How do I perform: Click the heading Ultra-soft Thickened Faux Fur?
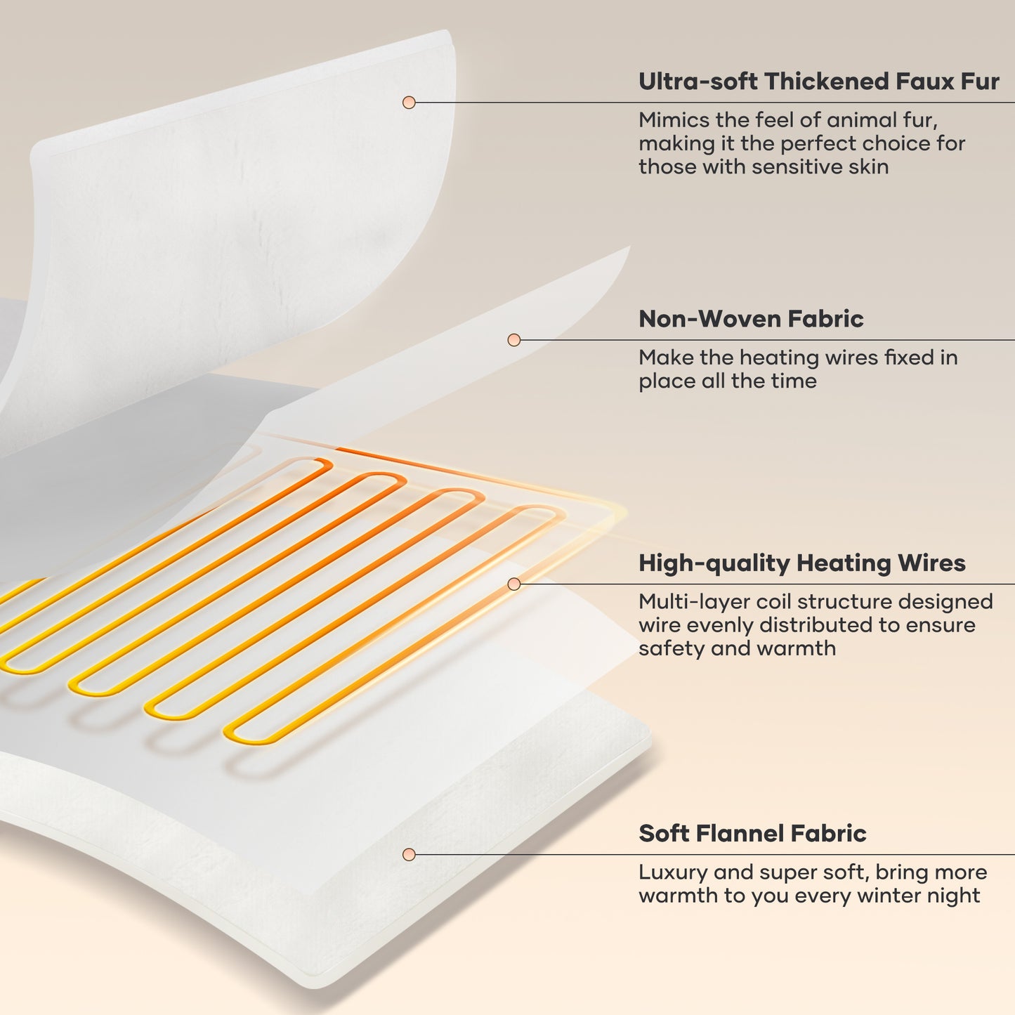coord(818,81)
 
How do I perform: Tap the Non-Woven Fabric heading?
coord(751,319)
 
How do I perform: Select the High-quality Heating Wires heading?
coord(802,563)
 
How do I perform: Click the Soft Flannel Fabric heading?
coord(752,833)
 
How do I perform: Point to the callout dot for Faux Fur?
coord(409,103)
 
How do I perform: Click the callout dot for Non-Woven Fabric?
coord(514,340)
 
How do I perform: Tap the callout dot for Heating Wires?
coord(514,584)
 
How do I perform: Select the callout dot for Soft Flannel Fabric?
coord(409,854)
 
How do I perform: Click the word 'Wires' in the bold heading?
coord(932,563)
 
